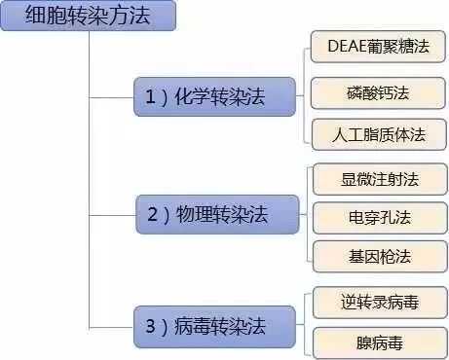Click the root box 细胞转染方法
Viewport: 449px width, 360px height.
(x=89, y=16)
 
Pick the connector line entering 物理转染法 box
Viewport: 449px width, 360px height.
(x=112, y=211)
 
